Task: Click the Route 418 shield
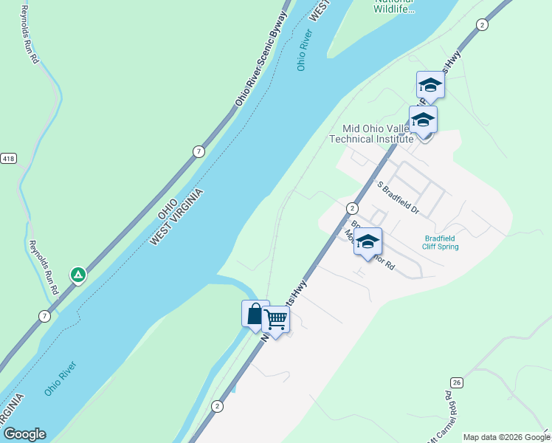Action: [x=8, y=159]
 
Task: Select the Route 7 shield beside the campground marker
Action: [x=45, y=316]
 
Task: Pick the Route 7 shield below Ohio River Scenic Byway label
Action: [x=199, y=151]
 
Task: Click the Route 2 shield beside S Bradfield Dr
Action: [x=352, y=208]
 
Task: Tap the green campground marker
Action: [x=77, y=275]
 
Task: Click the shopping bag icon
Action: [x=255, y=314]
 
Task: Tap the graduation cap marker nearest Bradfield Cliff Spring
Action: [x=368, y=241]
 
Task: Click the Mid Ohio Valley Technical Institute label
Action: [x=371, y=133]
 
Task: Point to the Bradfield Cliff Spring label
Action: [x=441, y=242]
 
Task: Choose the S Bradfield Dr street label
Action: [x=399, y=198]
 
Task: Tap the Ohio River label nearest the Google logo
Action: [x=61, y=378]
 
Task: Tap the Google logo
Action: [x=24, y=434]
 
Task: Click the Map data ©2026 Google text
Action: [x=506, y=437]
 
